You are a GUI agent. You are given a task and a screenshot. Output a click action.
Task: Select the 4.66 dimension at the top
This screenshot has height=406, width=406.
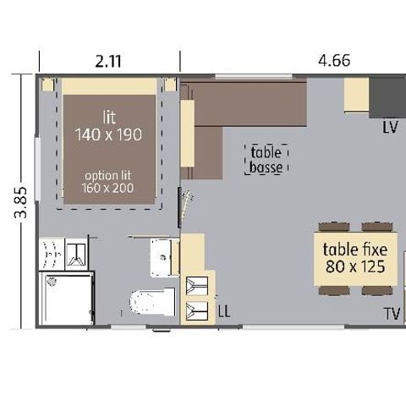coord(333,61)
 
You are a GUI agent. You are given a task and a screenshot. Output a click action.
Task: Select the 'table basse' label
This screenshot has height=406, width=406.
coord(266,160)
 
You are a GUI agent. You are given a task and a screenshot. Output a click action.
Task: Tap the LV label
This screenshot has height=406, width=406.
coord(389,128)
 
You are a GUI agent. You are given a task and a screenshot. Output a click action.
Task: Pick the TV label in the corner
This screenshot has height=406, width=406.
coord(392,315)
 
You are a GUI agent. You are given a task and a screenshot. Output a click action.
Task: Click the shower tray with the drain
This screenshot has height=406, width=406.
coord(64,297)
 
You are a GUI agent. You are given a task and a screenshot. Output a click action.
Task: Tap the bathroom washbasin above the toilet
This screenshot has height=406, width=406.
coord(162,255)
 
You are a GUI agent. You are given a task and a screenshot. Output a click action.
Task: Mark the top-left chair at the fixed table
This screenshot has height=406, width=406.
coord(331,227)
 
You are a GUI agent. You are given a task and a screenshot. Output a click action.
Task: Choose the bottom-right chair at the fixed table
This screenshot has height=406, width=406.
coord(376,290)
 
